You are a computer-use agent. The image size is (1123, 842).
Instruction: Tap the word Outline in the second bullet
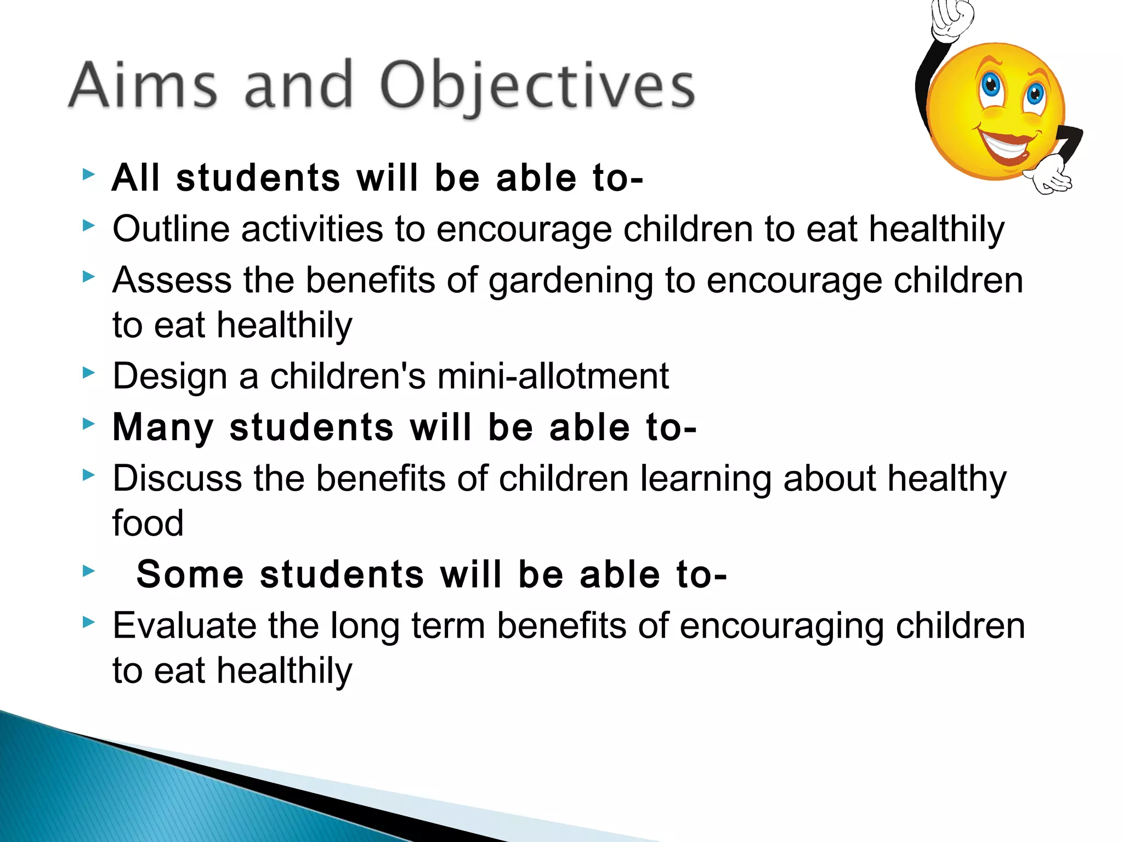[171, 229]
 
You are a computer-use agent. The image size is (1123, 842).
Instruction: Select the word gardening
[570, 281]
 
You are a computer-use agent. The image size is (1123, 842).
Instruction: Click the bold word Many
[163, 428]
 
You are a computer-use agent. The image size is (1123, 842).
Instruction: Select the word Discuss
[177, 478]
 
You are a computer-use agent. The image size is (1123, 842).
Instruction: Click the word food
[148, 523]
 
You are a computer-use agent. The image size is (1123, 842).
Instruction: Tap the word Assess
[172, 280]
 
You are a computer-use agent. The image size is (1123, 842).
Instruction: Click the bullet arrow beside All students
[88, 175]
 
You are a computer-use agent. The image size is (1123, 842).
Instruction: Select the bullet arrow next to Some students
[88, 571]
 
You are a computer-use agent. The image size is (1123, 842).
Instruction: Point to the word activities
[312, 229]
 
